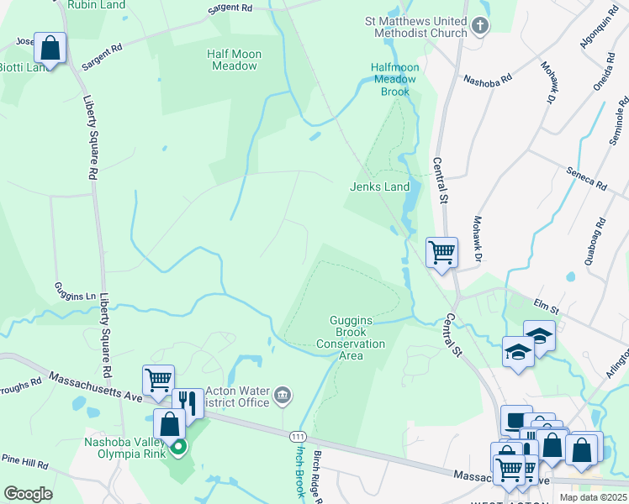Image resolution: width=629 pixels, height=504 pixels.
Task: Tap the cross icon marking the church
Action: pyautogui.click(x=480, y=26)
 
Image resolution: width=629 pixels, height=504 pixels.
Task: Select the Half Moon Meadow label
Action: pyautogui.click(x=234, y=60)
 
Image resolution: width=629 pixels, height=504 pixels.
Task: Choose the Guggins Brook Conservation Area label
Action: pyautogui.click(x=350, y=338)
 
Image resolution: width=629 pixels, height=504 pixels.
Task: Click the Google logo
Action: pyautogui.click(x=27, y=494)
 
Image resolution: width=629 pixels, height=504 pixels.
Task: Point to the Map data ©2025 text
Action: pyautogui.click(x=593, y=497)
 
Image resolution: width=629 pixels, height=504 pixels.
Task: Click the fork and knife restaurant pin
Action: pyautogui.click(x=188, y=404)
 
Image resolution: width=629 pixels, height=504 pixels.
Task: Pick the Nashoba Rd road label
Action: pyautogui.click(x=488, y=79)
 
